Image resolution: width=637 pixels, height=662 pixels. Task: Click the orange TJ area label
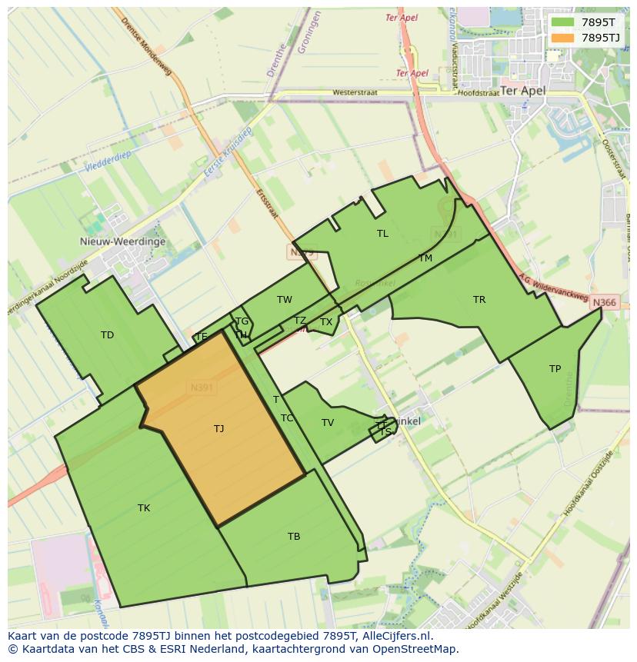pyautogui.click(x=219, y=429)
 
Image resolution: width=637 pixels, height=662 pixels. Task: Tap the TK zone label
pyautogui.click(x=144, y=508)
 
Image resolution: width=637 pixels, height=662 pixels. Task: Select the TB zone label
pyautogui.click(x=294, y=537)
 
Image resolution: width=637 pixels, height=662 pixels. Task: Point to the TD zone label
pyautogui.click(x=107, y=335)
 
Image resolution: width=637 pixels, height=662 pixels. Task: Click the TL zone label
pyautogui.click(x=382, y=234)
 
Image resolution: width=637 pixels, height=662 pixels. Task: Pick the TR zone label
pyautogui.click(x=479, y=300)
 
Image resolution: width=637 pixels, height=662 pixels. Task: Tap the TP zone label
pyautogui.click(x=555, y=369)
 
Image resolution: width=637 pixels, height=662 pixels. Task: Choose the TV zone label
pyautogui.click(x=328, y=423)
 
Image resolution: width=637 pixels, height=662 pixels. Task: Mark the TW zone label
pyautogui.click(x=285, y=300)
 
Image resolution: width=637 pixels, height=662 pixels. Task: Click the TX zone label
pyautogui.click(x=326, y=322)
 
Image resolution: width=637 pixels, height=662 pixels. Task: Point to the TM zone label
pyautogui.click(x=425, y=258)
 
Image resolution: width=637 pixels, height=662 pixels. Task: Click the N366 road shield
pyautogui.click(x=605, y=303)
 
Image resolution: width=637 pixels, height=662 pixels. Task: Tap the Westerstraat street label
pyautogui.click(x=355, y=93)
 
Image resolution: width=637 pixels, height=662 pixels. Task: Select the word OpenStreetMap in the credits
pyautogui.click(x=417, y=649)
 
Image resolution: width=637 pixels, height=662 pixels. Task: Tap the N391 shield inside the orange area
pyautogui.click(x=202, y=388)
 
